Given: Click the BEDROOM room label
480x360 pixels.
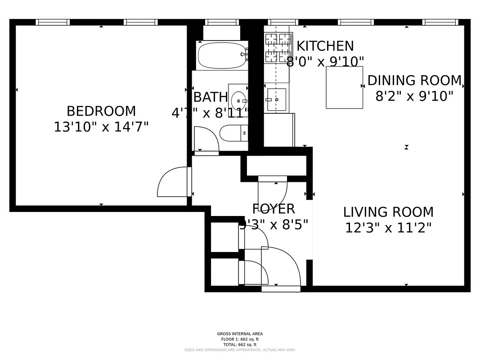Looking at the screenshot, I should (x=101, y=111).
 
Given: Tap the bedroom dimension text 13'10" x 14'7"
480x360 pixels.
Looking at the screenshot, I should (x=101, y=127).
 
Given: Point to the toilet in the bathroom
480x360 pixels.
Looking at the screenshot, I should (x=233, y=133).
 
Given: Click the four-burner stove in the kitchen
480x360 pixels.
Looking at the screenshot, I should (x=278, y=48).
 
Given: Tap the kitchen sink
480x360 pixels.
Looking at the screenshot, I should (x=275, y=99).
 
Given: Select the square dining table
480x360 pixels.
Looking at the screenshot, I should (x=344, y=87).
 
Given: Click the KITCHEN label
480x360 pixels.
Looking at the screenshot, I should (x=325, y=46).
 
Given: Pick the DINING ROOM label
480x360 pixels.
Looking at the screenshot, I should (x=414, y=81).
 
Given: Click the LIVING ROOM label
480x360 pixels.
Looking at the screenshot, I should (x=388, y=212).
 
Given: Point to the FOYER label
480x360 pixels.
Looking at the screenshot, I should (x=274, y=209).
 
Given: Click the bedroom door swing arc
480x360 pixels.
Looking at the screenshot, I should (x=172, y=182).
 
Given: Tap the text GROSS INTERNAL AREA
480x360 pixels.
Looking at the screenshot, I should (x=240, y=334).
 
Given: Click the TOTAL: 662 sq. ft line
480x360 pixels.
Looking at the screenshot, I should (x=240, y=344).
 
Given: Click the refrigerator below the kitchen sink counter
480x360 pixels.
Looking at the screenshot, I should (x=278, y=130).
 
